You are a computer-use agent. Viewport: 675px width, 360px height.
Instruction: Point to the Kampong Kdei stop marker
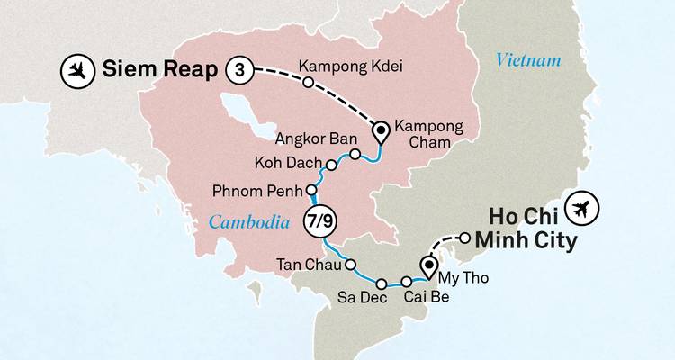(x=308, y=83)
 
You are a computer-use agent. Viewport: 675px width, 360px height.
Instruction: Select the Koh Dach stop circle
(x=331, y=166)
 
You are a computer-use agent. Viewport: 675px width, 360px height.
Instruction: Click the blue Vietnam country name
(x=528, y=61)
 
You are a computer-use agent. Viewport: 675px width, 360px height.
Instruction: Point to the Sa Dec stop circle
(x=380, y=282)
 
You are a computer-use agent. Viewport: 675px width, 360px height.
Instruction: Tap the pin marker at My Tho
(x=429, y=265)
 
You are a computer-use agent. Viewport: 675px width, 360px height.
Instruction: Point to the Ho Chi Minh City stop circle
(x=464, y=238)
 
